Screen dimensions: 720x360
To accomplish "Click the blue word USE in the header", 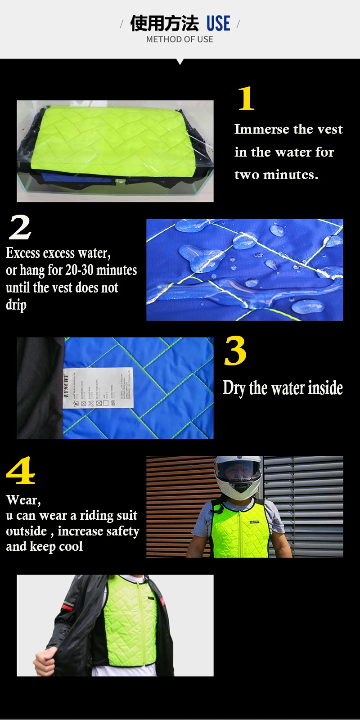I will click(x=218, y=23).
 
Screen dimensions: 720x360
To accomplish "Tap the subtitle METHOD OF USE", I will click(x=180, y=40).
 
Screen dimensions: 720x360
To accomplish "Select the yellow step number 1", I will click(x=246, y=99).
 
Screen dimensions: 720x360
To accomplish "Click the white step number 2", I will click(x=20, y=227).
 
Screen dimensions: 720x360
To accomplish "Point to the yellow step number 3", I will click(x=235, y=351).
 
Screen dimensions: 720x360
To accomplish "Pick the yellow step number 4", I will click(x=21, y=471).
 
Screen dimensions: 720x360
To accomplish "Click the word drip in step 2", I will click(x=16, y=305).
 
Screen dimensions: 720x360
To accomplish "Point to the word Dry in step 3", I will click(x=234, y=388).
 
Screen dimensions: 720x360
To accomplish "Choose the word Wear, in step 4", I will click(x=23, y=500).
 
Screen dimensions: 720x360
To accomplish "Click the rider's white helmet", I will click(x=238, y=475).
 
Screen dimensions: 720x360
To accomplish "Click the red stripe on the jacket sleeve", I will click(x=67, y=607).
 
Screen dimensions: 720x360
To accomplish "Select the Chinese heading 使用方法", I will click(x=164, y=23).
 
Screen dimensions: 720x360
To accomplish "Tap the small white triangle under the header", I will click(x=180, y=62).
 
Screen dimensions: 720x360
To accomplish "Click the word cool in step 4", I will click(x=71, y=547).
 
